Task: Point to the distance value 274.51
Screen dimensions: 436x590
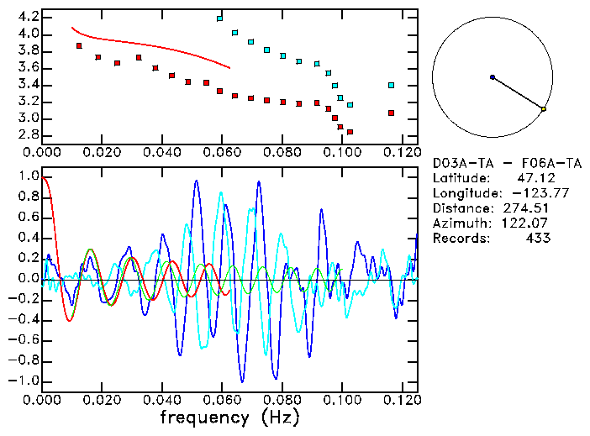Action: (526, 207)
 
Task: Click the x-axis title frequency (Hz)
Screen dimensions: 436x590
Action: (229, 417)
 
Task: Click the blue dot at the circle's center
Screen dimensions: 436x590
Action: (493, 77)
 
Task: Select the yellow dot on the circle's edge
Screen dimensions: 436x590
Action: (544, 109)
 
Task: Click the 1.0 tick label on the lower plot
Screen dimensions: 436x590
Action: (29, 177)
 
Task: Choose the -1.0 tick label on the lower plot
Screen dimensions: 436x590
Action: (25, 381)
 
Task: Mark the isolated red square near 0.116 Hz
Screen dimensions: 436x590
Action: (391, 113)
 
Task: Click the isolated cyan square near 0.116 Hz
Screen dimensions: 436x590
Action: (391, 85)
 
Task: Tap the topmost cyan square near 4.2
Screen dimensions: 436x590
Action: (219, 18)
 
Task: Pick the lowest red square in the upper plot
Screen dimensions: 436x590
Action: (350, 132)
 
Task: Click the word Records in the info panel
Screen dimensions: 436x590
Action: (457, 238)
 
